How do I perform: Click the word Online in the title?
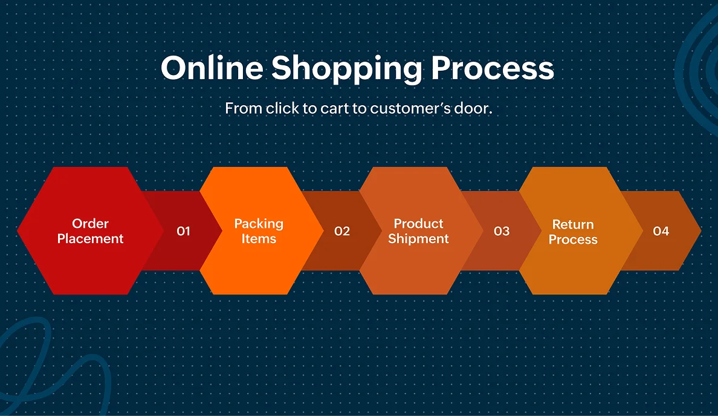pos(212,68)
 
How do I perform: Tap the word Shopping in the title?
pos(346,70)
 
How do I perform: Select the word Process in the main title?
pos(492,68)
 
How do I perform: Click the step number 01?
pos(183,232)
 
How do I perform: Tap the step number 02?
pos(342,232)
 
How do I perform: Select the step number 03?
pos(502,232)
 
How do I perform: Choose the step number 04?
pos(661,232)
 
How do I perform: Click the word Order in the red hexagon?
pos(90,224)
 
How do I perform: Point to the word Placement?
pos(90,239)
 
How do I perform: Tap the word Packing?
pos(259,224)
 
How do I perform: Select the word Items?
pos(259,239)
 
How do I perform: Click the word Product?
pos(418,224)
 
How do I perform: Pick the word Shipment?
pos(418,239)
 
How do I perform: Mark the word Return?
pos(573,224)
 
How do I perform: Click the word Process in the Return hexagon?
pos(573,239)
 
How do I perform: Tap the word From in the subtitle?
pos(244,109)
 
